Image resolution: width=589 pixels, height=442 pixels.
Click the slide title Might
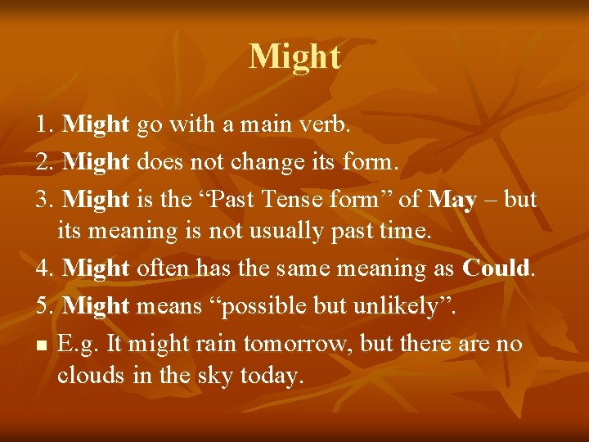pyautogui.click(x=294, y=56)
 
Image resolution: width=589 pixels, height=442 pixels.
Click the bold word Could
pyautogui.click(x=496, y=268)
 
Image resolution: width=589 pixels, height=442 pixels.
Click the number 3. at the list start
pyautogui.click(x=46, y=199)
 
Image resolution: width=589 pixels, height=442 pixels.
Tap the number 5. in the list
pyautogui.click(x=46, y=306)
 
